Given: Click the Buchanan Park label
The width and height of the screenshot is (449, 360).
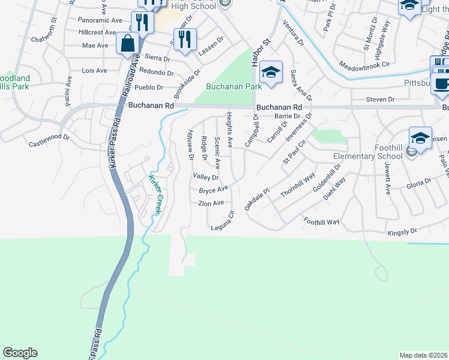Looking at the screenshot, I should click(x=234, y=86).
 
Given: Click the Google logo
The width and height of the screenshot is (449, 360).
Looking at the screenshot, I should click(x=20, y=353).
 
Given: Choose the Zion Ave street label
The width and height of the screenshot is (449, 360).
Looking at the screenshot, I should click(x=211, y=203).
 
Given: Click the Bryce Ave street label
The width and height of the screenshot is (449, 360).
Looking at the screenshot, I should click(x=214, y=190).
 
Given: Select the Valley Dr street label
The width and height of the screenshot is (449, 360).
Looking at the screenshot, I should click(x=206, y=177).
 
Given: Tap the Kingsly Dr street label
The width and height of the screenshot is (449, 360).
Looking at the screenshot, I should click(x=402, y=231).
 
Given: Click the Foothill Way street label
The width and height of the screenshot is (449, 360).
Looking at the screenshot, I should click(x=321, y=221).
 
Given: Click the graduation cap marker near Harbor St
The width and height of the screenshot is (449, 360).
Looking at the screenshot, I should click(x=271, y=74).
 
